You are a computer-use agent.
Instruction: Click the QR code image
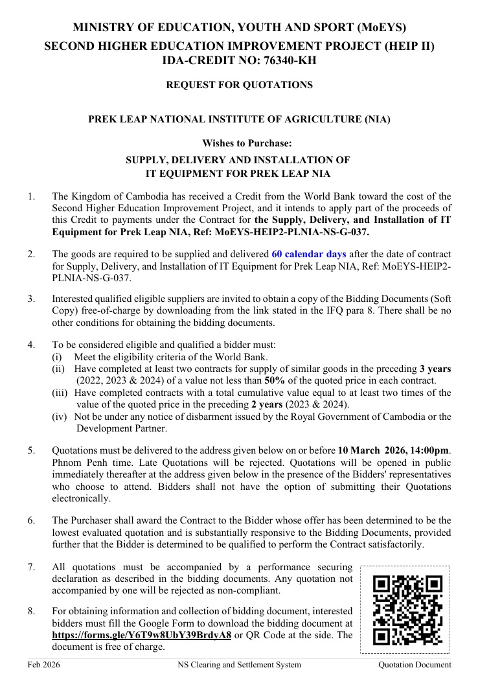408,610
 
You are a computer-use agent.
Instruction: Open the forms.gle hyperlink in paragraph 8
141,635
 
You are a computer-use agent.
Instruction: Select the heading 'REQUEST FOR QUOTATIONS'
239,85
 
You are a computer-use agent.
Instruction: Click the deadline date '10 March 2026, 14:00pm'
394,450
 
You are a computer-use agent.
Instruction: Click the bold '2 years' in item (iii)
271,404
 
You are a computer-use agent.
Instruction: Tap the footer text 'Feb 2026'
43,665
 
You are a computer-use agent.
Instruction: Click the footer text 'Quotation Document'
415,665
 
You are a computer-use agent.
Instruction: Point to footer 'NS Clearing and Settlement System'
239,665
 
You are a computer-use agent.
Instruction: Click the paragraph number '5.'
31,450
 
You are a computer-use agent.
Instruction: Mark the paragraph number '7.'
31,567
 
